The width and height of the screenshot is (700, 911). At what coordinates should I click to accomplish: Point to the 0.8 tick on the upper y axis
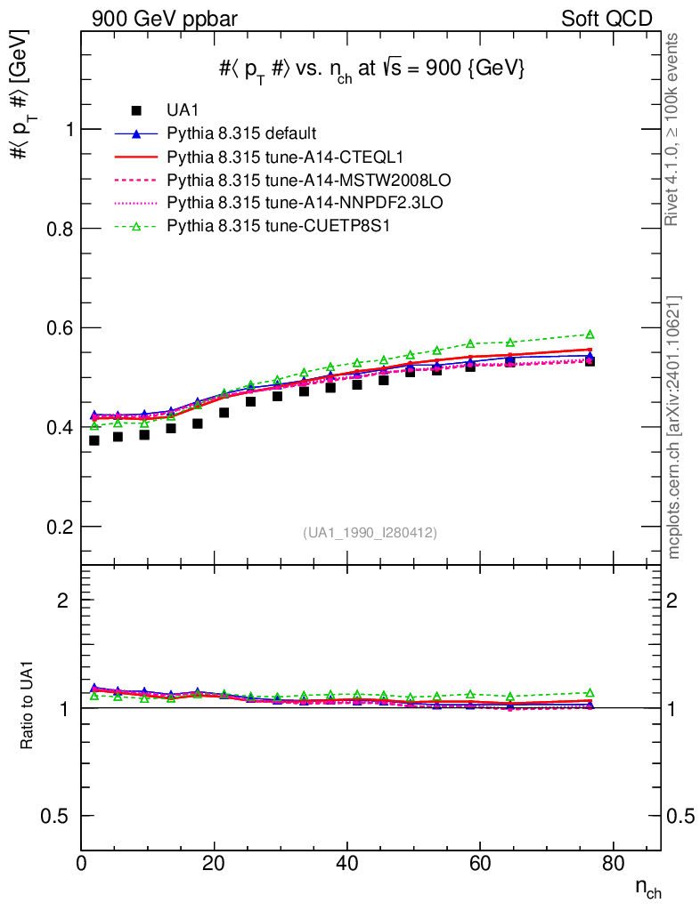tap(57, 229)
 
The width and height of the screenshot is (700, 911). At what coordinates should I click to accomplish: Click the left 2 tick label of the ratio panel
tap(63, 600)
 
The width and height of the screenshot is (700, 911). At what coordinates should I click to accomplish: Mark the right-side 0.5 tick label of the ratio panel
tap(681, 816)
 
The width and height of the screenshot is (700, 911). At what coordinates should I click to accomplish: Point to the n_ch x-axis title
tap(647, 888)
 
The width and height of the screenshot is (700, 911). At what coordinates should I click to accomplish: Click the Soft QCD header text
tap(606, 19)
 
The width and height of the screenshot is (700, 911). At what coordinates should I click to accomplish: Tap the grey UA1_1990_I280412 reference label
tap(370, 533)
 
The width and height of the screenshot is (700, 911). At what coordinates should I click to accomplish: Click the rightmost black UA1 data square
tap(590, 361)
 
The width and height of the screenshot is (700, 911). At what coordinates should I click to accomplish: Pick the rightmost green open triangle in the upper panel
tap(590, 335)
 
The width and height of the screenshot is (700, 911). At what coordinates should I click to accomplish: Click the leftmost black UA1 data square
tap(94, 440)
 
